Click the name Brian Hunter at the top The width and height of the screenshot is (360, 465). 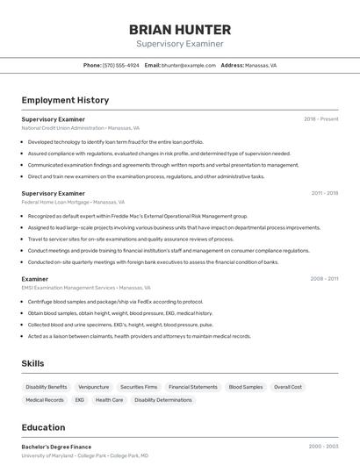coord(180,29)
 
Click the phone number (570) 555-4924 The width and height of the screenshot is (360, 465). coord(120,66)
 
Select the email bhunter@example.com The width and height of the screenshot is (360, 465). coord(189,66)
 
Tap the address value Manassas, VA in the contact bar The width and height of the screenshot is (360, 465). coord(261,66)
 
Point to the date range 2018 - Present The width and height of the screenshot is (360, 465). coord(320,119)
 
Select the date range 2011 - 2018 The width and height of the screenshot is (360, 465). coord(324,193)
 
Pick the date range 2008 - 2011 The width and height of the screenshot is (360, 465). coord(324,279)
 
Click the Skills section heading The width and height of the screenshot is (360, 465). coord(33,363)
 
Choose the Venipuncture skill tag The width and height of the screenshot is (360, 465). coord(93,387)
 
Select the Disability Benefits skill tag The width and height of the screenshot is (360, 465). coord(47,387)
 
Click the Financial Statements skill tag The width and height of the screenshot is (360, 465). coord(192,387)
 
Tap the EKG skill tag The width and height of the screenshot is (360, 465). coord(80,400)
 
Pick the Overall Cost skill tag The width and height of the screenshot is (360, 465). coord(287,387)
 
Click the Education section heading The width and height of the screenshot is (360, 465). coord(43,428)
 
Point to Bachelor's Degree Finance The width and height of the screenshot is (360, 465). coord(56,447)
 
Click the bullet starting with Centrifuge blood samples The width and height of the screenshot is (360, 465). coord(115,302)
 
